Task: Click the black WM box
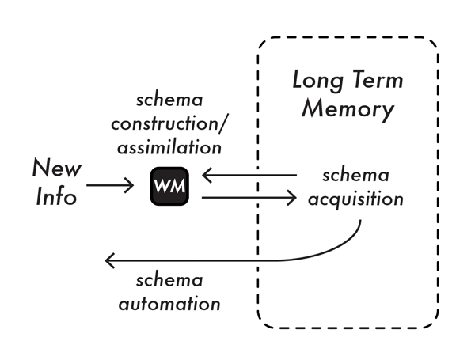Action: [169, 188]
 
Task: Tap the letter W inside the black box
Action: [163, 189]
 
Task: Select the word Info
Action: [56, 195]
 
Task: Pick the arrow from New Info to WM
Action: [110, 186]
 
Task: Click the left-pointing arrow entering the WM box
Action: [249, 175]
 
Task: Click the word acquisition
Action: [356, 199]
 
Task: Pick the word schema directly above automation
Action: [167, 281]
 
